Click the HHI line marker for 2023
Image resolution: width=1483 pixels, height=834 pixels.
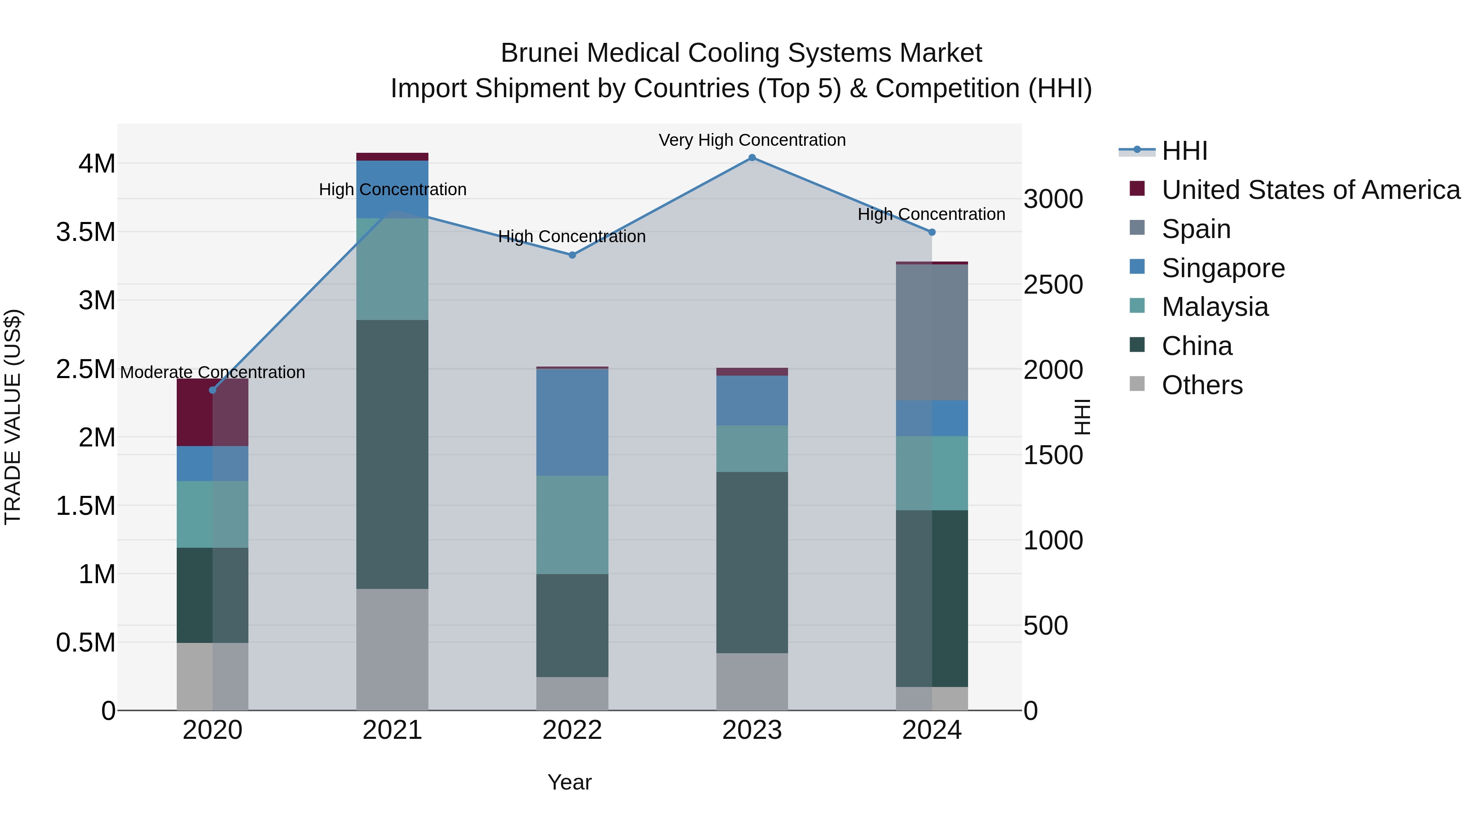752,158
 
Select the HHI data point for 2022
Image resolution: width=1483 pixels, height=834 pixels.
572,255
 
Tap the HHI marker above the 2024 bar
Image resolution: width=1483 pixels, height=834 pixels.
932,232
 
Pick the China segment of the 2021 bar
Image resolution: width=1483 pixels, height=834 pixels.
392,454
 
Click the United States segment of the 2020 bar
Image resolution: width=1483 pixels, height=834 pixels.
213,412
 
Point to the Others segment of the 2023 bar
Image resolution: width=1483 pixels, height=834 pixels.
752,682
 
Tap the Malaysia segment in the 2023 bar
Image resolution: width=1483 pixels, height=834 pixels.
752,449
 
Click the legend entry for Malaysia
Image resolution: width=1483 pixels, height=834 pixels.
1215,307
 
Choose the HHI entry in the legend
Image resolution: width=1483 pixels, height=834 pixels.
1184,151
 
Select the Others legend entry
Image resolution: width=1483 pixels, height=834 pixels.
1202,385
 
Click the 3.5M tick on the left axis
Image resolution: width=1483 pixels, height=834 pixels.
86,232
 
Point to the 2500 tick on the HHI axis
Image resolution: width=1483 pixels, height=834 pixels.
1053,285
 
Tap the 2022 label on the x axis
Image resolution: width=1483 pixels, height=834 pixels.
572,730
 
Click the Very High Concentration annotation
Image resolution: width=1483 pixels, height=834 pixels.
752,140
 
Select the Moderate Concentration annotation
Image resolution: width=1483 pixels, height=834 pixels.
213,372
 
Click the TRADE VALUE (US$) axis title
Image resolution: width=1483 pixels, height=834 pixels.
13,417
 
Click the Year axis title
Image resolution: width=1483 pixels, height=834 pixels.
569,782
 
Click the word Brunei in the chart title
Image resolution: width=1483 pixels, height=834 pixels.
539,53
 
